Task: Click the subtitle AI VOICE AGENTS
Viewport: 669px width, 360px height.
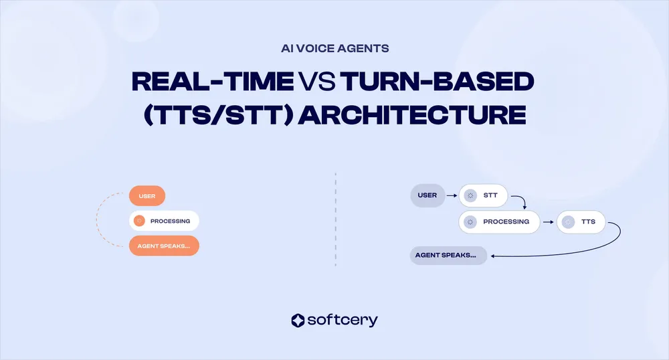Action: point(334,49)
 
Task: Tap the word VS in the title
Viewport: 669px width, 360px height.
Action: point(316,82)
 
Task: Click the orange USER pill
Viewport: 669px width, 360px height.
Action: point(147,196)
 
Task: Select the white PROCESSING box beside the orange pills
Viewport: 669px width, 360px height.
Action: point(165,221)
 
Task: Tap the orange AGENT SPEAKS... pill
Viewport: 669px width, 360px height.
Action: point(164,246)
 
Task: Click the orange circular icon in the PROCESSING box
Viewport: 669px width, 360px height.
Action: point(139,221)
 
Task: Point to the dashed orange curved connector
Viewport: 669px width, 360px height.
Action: point(98,221)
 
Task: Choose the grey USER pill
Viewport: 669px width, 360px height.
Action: point(427,195)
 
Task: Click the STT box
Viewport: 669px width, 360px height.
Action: point(483,196)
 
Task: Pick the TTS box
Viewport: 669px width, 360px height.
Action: point(580,221)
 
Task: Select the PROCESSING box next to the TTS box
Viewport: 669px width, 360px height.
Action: point(498,221)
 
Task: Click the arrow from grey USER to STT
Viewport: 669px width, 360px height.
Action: point(452,196)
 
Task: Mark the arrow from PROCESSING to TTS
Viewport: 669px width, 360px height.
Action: point(547,221)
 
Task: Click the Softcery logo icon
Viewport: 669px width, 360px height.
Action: point(298,321)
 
